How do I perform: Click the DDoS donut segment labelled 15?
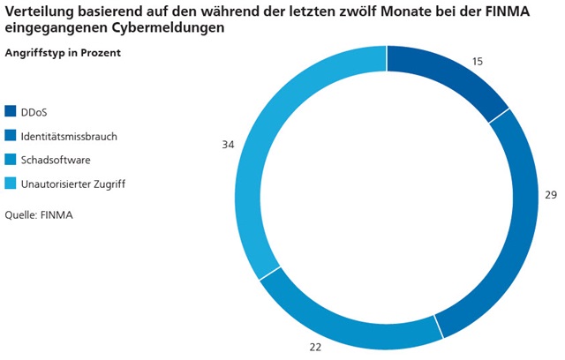coord(451,76)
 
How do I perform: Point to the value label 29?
coord(551,194)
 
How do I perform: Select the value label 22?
coord(315,347)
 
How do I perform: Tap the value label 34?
coord(228,144)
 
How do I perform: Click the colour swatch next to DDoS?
coord(11,111)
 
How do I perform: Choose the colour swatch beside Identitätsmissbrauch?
coord(11,136)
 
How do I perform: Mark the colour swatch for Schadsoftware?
coord(11,160)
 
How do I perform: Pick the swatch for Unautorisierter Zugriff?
coord(11,184)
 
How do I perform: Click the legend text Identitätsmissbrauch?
coord(69,136)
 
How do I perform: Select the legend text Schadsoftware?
coord(56,160)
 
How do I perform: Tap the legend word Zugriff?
coord(106,184)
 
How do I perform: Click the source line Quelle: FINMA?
coord(38,214)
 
